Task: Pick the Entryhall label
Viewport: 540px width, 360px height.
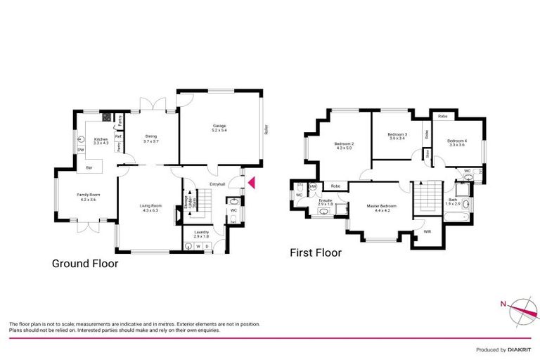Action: coord(217,184)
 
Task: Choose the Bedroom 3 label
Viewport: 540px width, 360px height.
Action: coord(397,136)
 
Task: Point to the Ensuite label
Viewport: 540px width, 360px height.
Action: coord(325,202)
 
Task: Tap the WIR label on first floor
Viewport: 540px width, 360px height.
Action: coord(426,231)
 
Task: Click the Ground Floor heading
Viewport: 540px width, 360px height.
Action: coord(85,264)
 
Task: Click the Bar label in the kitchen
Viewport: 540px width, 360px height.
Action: coord(89,168)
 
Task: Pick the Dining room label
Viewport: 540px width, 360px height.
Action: coord(150,139)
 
